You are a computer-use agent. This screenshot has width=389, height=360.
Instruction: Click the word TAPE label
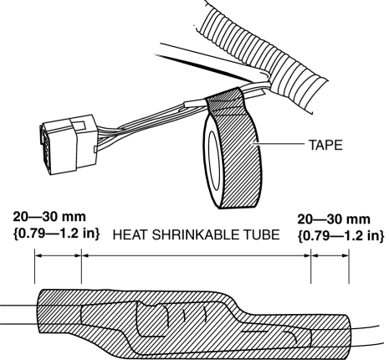click(x=325, y=145)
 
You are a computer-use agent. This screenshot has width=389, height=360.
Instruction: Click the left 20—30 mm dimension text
click(x=49, y=217)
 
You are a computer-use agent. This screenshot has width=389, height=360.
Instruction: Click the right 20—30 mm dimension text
click(x=334, y=219)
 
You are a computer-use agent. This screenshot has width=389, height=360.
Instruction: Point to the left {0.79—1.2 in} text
click(x=56, y=234)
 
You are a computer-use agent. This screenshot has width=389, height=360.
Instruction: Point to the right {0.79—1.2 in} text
click(x=341, y=236)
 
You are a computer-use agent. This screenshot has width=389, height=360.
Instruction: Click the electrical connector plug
click(x=69, y=144)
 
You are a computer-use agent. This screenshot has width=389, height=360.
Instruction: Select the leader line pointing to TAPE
click(x=278, y=144)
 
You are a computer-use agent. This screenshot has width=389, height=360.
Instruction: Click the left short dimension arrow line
click(x=58, y=255)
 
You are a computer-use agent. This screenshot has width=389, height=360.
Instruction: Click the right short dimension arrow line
click(x=330, y=255)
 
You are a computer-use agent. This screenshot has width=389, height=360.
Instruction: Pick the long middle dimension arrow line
click(x=197, y=255)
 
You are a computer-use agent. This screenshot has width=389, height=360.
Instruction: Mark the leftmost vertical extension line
click(x=34, y=266)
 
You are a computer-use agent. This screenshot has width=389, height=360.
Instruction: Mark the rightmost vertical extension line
click(x=349, y=266)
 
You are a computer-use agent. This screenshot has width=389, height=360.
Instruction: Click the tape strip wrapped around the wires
click(x=224, y=103)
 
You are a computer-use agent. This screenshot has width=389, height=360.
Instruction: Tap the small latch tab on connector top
click(x=78, y=124)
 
